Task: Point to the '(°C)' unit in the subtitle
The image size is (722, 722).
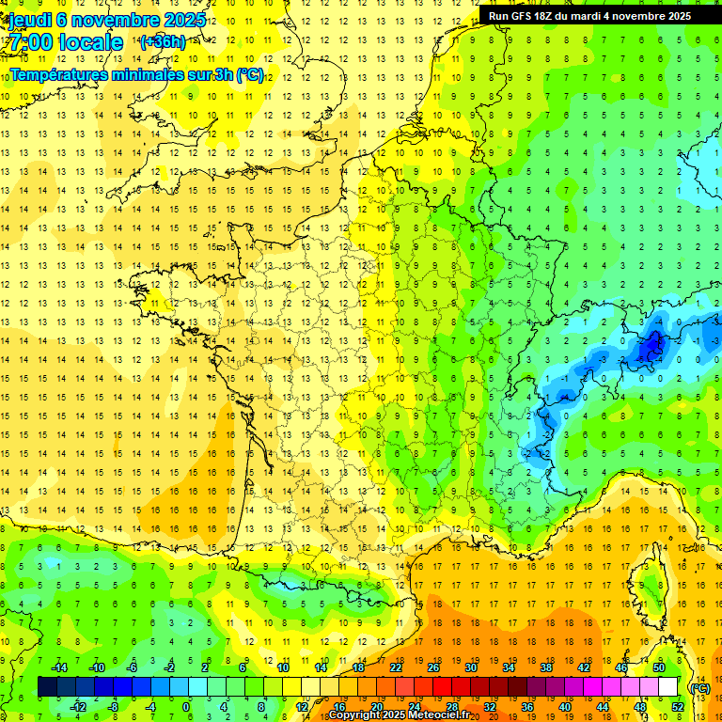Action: click(250, 75)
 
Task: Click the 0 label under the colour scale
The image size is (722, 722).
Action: click(186, 707)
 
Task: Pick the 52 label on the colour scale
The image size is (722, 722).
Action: click(678, 707)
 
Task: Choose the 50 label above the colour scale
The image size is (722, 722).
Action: click(659, 667)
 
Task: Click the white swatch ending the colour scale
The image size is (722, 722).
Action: click(668, 687)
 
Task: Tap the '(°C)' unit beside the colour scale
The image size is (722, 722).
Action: click(699, 688)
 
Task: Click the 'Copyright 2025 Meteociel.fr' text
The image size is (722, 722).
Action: click(413, 715)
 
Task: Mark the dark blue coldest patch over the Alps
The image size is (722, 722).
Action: click(649, 348)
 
